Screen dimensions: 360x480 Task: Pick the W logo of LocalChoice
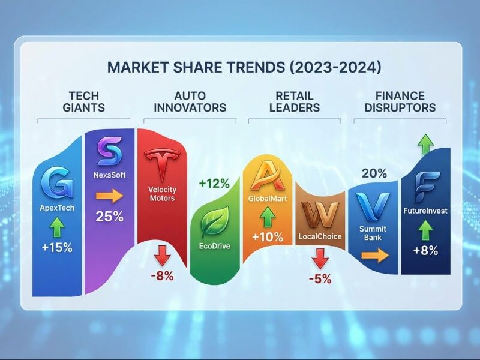(319, 213)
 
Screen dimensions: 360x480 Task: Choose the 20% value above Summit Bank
(374, 173)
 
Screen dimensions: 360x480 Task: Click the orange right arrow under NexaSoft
(109, 196)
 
